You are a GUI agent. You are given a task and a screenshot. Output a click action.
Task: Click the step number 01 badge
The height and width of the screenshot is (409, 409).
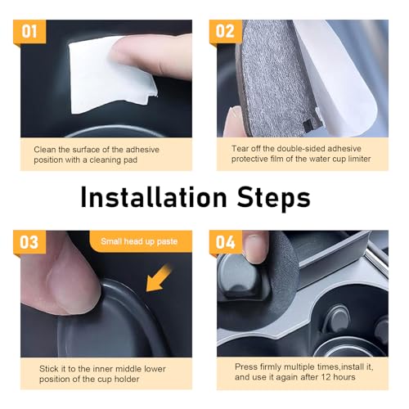(29, 31)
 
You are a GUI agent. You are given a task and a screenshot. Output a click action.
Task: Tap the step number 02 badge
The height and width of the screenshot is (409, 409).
(226, 31)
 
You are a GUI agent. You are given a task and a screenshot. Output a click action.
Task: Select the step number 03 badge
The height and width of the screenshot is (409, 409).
(29, 242)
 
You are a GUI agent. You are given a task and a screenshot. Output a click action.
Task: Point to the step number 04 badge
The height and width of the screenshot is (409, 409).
(226, 242)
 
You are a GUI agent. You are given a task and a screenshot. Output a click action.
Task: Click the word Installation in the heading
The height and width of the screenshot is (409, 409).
(154, 197)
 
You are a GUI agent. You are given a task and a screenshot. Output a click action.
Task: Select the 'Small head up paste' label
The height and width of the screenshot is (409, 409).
(139, 241)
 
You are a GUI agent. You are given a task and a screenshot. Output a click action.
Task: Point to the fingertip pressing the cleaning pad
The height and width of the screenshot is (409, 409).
(123, 52)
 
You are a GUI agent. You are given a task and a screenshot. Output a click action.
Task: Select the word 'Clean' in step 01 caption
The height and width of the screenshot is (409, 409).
(45, 150)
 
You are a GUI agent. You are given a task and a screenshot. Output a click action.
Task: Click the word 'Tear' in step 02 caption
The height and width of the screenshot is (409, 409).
(240, 148)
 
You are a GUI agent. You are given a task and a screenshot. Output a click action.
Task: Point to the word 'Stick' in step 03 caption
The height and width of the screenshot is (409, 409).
(49, 369)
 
